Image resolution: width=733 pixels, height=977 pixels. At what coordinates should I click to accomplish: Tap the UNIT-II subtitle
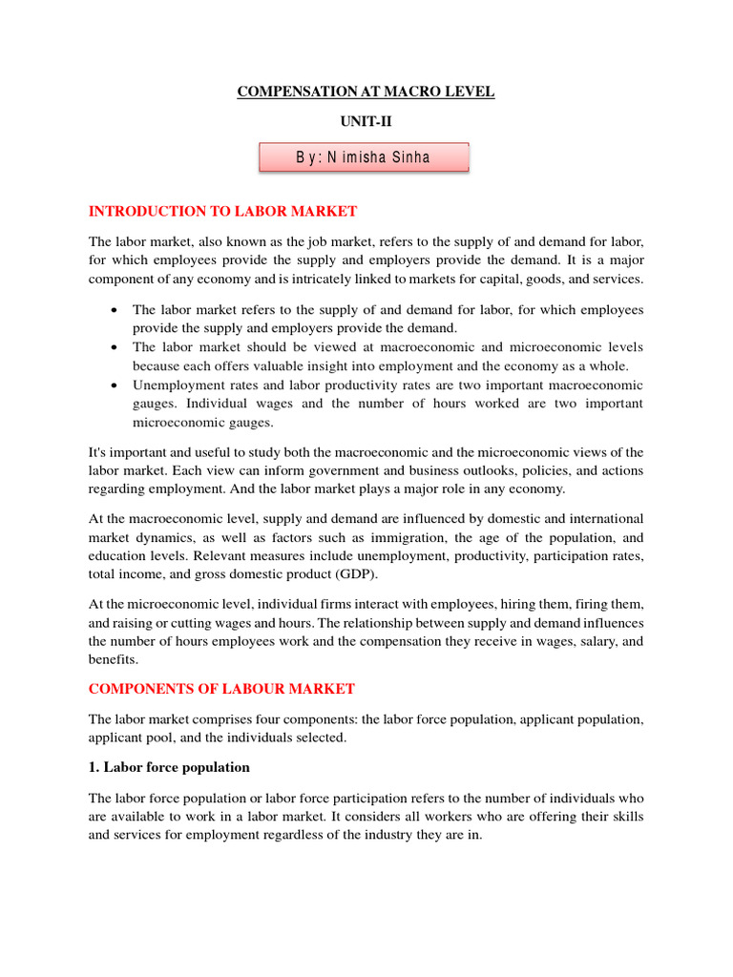click(x=366, y=121)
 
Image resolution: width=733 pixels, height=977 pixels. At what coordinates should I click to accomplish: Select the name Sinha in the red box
click(x=408, y=157)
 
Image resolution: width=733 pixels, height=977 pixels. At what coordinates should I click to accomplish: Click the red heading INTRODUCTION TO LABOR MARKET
click(x=222, y=211)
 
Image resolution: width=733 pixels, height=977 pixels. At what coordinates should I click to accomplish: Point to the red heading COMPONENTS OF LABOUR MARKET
click(x=221, y=688)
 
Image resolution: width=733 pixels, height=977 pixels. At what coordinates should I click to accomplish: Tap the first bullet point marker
click(x=115, y=311)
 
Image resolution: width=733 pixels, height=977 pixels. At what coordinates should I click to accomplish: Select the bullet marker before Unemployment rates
click(x=115, y=385)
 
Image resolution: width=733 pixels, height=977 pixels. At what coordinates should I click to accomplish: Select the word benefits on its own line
click(x=113, y=659)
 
